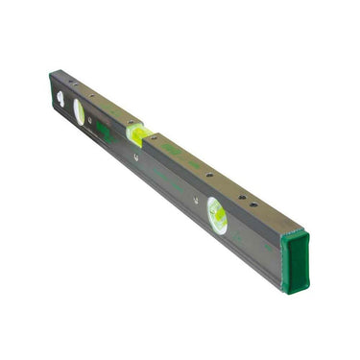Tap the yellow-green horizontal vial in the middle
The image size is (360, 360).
tap(140, 132)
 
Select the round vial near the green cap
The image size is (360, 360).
tap(218, 217)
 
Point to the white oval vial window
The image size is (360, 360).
tap(79, 112)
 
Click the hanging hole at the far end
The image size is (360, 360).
tap(60, 97)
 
